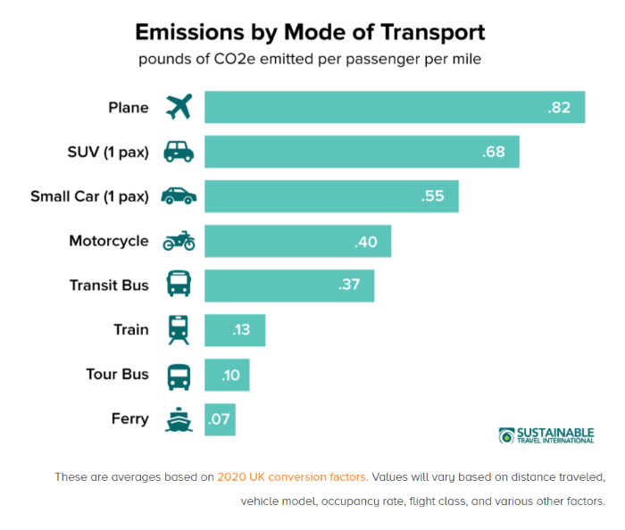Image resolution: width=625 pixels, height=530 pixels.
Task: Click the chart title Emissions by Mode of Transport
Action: [x=310, y=33]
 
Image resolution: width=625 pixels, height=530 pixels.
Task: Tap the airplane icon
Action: [x=179, y=107]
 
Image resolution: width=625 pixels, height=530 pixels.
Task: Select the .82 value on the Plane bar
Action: [x=559, y=107]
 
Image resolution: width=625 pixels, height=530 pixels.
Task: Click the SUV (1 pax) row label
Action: [x=108, y=152]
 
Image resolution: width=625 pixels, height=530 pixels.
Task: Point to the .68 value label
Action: [x=494, y=152]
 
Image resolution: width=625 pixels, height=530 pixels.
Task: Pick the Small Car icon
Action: [x=179, y=196]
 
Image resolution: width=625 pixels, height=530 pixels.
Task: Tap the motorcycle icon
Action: [x=179, y=241]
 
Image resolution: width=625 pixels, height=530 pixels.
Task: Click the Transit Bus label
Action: [x=109, y=286]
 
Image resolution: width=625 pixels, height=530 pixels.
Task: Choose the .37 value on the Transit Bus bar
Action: [x=348, y=286]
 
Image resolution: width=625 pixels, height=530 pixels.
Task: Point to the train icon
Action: [x=179, y=330]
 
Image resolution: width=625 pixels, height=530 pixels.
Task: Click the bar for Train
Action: [x=235, y=330]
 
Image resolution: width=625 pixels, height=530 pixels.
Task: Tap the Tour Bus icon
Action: [x=179, y=375]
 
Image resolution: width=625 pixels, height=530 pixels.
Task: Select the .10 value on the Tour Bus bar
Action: [x=229, y=375]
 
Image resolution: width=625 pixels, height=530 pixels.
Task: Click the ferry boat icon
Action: [x=179, y=419]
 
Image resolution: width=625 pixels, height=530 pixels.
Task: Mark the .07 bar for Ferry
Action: [x=220, y=419]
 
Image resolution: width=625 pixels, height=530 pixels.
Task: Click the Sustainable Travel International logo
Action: [x=546, y=435]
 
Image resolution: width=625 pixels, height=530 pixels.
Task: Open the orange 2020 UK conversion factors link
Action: [x=292, y=476]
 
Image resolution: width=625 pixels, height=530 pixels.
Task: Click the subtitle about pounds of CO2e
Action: [x=310, y=60]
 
